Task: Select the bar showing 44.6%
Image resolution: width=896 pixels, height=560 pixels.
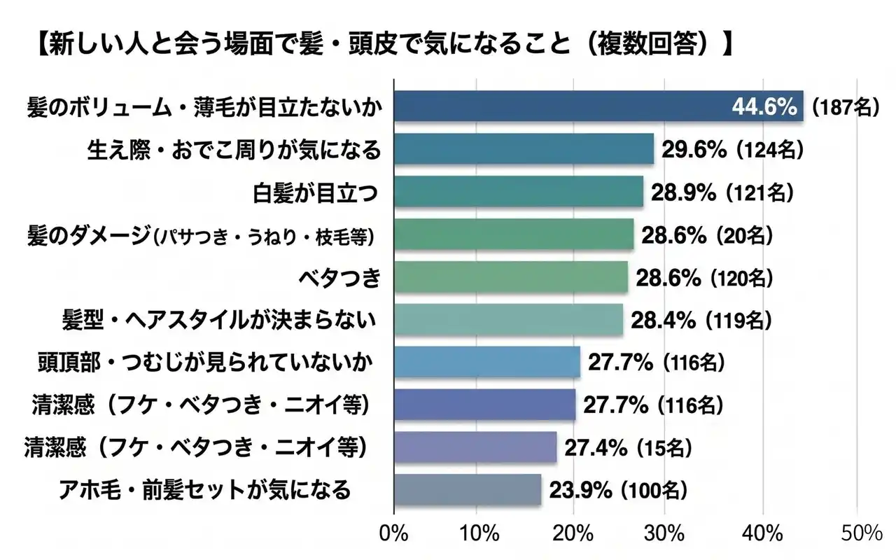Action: pos(598,107)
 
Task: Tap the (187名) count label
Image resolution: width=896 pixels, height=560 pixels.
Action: pos(843,108)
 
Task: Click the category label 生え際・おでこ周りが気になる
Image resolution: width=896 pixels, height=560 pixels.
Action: pos(234,149)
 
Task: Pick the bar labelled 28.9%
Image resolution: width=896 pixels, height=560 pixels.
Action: pos(518,192)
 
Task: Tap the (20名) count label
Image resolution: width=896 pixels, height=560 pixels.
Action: pos(744,236)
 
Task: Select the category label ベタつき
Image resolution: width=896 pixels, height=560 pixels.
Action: pos(339,278)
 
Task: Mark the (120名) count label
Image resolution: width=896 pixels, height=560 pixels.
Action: pos(741,279)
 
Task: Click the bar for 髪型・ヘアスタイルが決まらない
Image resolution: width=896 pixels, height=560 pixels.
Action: pos(508,321)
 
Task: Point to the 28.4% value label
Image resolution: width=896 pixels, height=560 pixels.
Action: pos(664,321)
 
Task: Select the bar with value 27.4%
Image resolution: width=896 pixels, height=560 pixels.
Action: pos(475,447)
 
